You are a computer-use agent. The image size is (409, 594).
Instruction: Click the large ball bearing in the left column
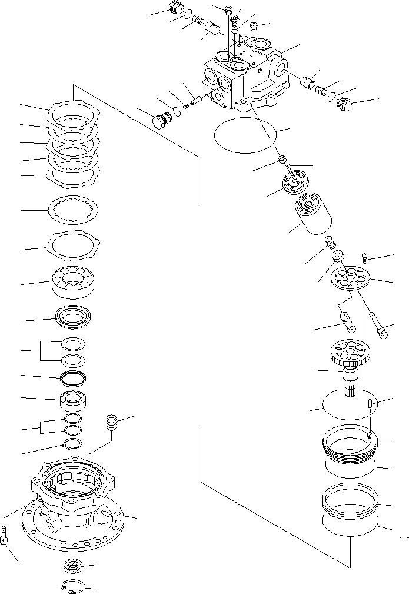74,282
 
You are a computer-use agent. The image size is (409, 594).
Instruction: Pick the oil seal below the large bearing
74,318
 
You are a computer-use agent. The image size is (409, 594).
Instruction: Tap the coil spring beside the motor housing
112,423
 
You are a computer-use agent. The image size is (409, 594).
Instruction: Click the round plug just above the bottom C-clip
72,567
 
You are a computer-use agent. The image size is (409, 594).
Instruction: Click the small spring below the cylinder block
330,242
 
